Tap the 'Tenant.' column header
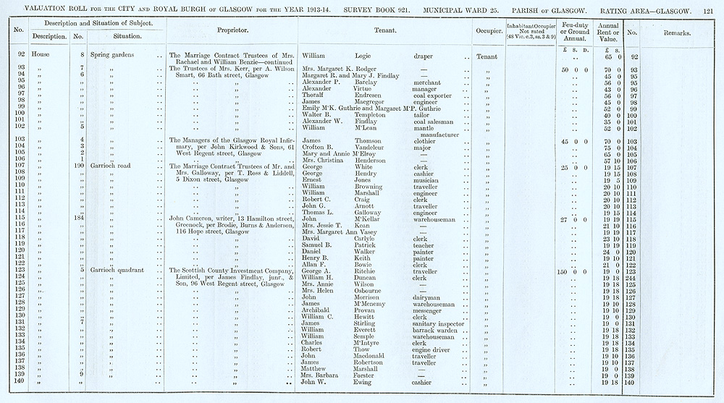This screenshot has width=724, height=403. coord(384,32)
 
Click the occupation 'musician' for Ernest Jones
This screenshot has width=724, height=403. coord(427,180)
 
